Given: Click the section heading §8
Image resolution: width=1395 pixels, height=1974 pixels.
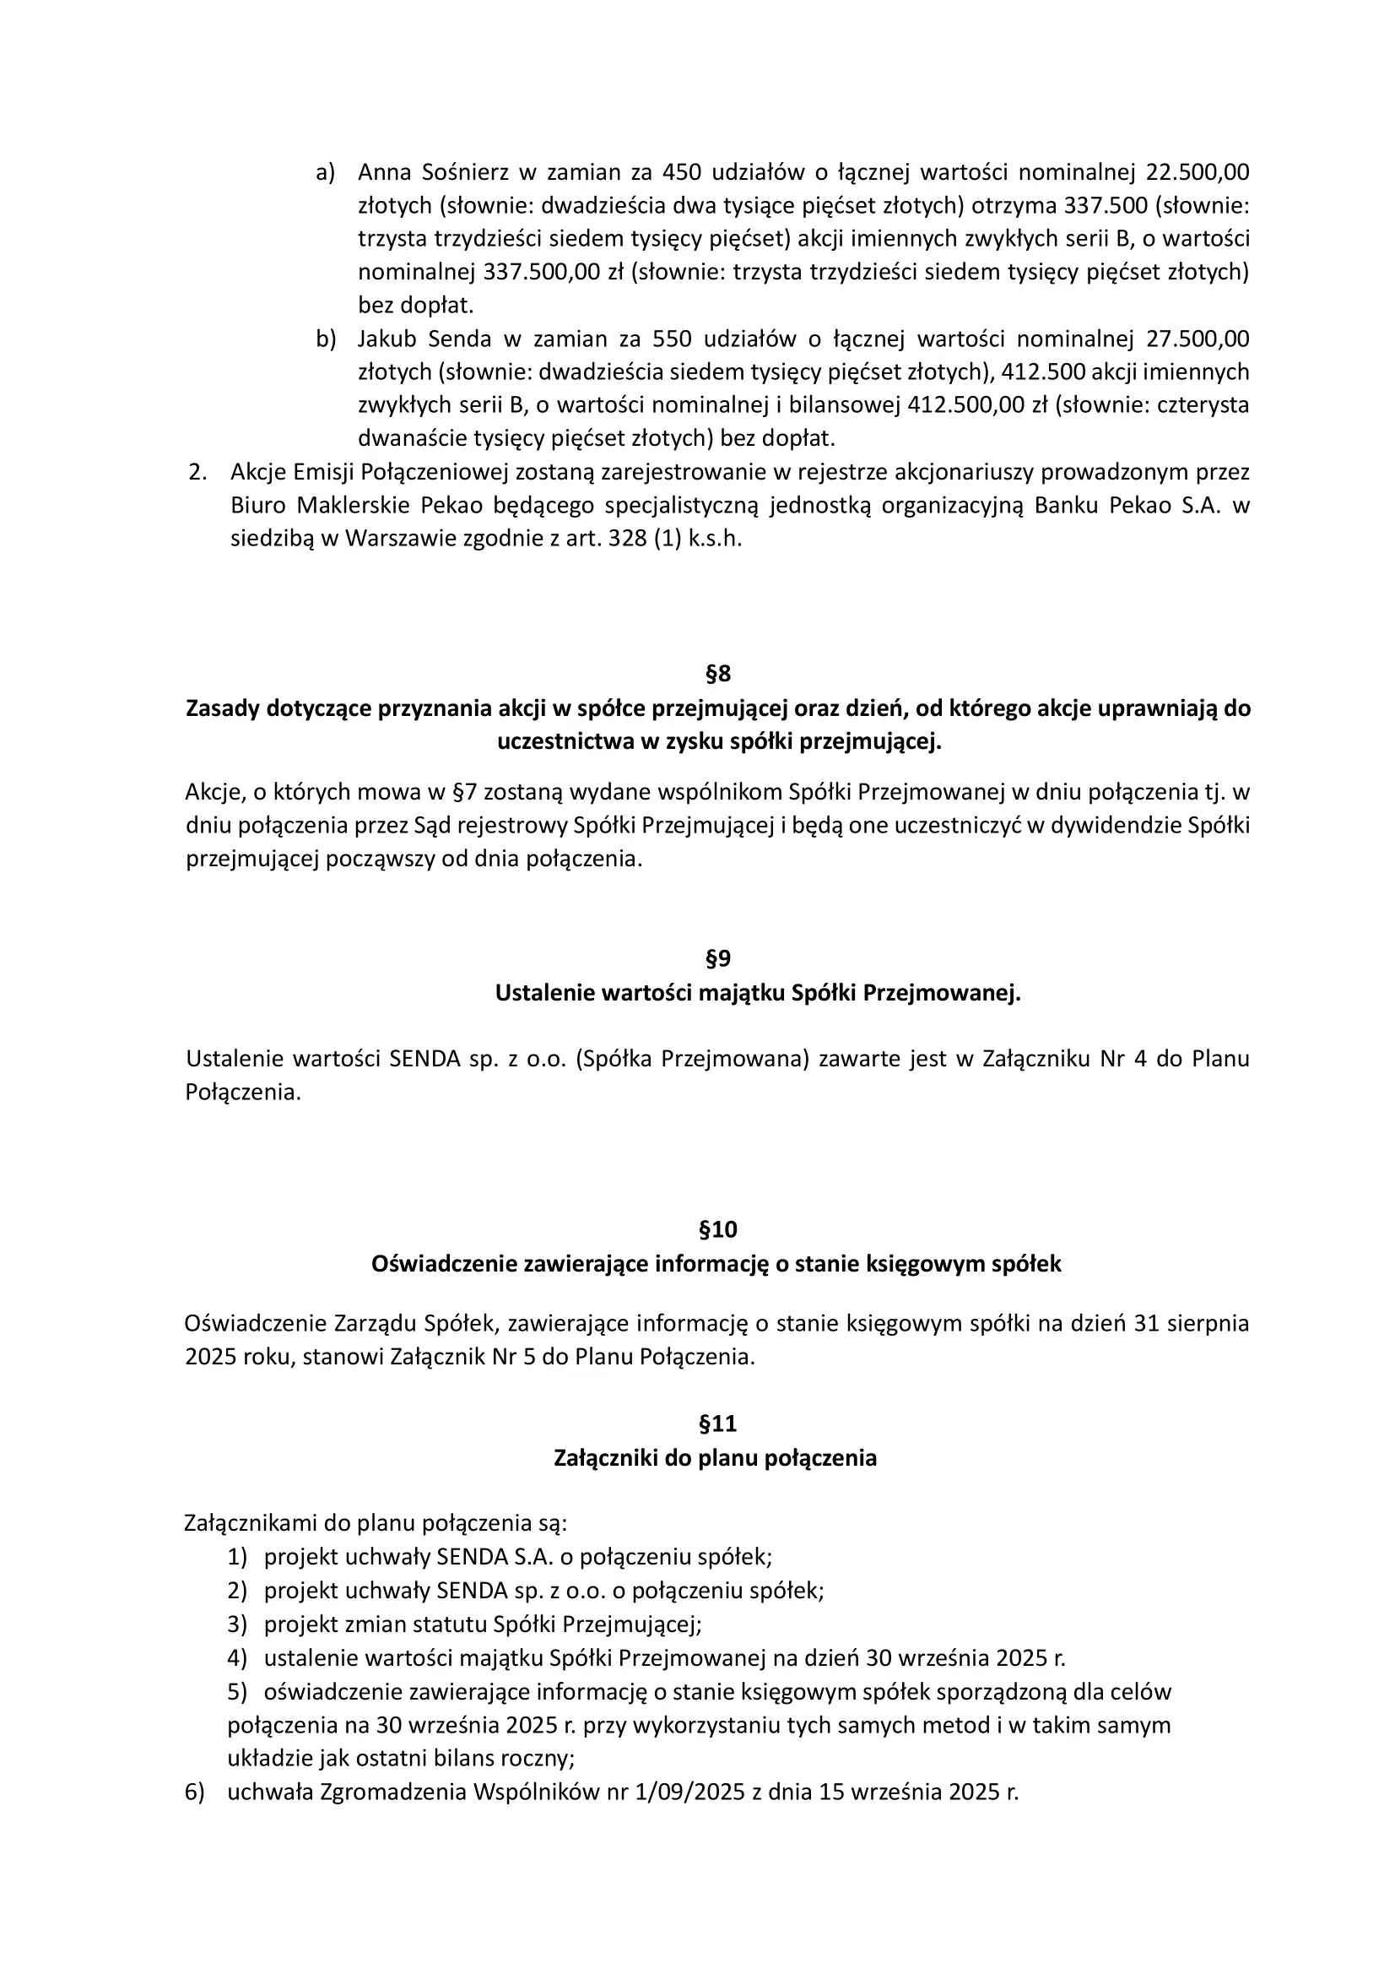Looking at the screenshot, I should (x=717, y=673).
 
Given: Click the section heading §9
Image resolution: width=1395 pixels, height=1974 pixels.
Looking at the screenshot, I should (x=717, y=957).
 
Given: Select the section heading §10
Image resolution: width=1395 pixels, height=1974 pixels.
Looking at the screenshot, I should (x=717, y=1229).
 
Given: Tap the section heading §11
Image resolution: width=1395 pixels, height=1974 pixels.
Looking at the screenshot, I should (x=717, y=1424).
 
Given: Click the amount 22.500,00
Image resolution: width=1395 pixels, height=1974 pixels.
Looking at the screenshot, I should (x=1198, y=173).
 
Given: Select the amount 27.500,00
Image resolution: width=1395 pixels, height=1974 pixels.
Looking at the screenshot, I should (x=1198, y=339).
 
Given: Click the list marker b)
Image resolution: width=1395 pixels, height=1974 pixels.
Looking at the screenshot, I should (x=326, y=339).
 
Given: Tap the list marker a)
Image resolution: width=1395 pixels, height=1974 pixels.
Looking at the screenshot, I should (x=326, y=173).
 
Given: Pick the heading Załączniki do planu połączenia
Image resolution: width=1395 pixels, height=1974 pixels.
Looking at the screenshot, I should (x=715, y=1458).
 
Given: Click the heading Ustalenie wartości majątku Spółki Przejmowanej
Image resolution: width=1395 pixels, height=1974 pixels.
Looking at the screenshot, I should (x=757, y=993).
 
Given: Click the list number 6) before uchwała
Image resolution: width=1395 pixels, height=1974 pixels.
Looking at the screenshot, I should (x=194, y=1792).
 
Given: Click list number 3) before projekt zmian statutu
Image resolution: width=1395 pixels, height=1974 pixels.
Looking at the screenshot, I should (x=237, y=1624).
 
